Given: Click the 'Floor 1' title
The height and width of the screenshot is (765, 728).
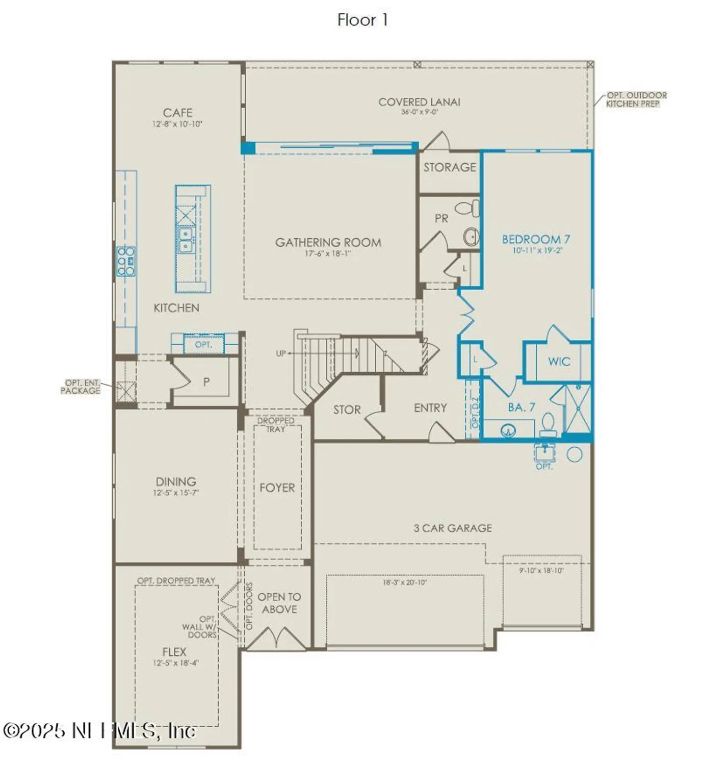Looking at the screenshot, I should [x=362, y=20].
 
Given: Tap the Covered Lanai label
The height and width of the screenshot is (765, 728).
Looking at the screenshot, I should [x=419, y=102].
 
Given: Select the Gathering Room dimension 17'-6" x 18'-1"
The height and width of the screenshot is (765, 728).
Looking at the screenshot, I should [x=328, y=253].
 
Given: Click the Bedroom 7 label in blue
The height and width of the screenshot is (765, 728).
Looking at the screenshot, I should [x=536, y=239].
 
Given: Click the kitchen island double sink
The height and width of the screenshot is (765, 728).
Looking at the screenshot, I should [x=186, y=240].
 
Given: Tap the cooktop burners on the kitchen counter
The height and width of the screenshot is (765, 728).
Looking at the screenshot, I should [x=126, y=261].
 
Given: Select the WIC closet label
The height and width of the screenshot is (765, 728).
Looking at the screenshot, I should [x=559, y=362].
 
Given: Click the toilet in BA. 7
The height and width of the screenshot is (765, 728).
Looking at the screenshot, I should [x=548, y=425].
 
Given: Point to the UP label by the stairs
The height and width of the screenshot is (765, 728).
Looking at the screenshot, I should [x=281, y=353].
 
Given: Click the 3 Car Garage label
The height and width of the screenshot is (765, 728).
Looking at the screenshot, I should [x=453, y=528].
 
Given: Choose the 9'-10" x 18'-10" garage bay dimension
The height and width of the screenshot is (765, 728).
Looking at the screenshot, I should [x=541, y=571].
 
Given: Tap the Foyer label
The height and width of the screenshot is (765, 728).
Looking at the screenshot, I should [x=277, y=488].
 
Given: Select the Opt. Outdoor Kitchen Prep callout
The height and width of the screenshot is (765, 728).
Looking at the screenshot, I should [x=636, y=99].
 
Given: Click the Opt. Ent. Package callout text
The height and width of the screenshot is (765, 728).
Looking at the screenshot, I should [x=81, y=387].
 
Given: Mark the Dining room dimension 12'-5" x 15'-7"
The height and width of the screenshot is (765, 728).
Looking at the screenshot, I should [x=176, y=493].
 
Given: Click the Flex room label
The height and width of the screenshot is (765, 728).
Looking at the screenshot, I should [x=174, y=652].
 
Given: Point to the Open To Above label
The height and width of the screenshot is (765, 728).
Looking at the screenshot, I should [x=279, y=603].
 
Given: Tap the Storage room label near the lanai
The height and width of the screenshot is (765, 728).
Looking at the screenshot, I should [x=449, y=167].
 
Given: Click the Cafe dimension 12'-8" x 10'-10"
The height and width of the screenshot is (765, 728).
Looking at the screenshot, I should [x=177, y=124].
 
